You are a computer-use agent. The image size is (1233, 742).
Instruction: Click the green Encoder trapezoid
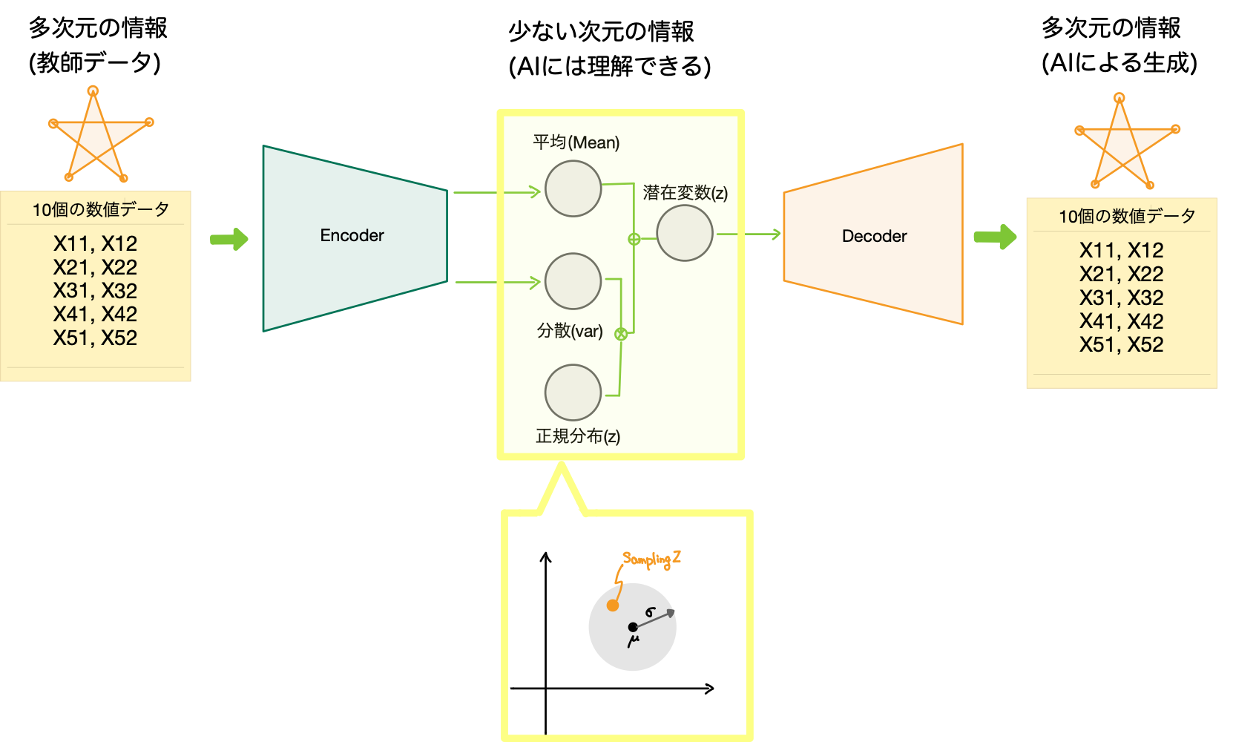(x=352, y=237)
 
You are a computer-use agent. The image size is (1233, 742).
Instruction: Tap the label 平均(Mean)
(x=576, y=142)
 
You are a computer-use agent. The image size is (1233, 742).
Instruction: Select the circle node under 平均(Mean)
(x=573, y=189)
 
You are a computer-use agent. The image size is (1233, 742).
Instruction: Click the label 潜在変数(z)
(x=685, y=193)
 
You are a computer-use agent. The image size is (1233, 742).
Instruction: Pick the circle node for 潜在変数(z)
(x=684, y=233)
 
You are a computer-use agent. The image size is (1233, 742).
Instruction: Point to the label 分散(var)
(x=570, y=331)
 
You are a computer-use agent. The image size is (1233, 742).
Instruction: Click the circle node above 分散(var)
(x=573, y=281)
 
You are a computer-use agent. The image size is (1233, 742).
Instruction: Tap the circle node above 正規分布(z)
(x=573, y=393)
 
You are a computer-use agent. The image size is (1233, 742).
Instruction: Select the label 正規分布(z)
(x=578, y=436)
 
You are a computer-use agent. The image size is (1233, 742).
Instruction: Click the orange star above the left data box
(x=96, y=137)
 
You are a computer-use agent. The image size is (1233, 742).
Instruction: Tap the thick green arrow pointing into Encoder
(x=229, y=239)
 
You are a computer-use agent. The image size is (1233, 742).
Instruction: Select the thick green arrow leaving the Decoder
(x=995, y=237)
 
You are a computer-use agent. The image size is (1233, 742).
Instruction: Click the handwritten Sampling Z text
(x=651, y=559)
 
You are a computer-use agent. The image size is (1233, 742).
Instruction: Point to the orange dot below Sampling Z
(x=613, y=605)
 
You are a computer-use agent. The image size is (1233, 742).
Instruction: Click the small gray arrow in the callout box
(x=656, y=618)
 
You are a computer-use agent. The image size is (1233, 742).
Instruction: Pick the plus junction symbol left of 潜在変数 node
(x=634, y=239)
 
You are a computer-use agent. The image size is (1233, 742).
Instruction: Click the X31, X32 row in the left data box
(x=95, y=291)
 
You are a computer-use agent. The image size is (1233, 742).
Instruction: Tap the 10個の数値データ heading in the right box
(x=1126, y=216)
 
